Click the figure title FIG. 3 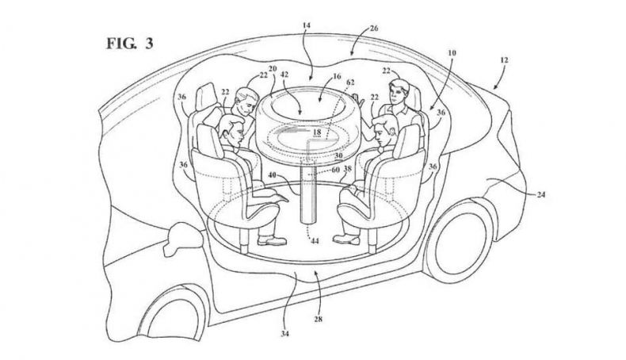pos(129,44)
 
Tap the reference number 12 pos(504,60)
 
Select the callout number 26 pos(374,29)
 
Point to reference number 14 pos(306,25)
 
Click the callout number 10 pos(452,53)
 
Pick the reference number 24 pos(541,194)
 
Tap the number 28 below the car pos(319,320)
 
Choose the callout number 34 pos(284,334)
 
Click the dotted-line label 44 pos(315,241)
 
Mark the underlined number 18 pos(317,132)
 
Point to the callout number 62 pos(350,82)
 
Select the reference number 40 pos(273,174)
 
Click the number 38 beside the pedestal pos(348,169)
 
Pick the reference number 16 pos(337,76)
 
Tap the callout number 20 pos(273,68)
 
